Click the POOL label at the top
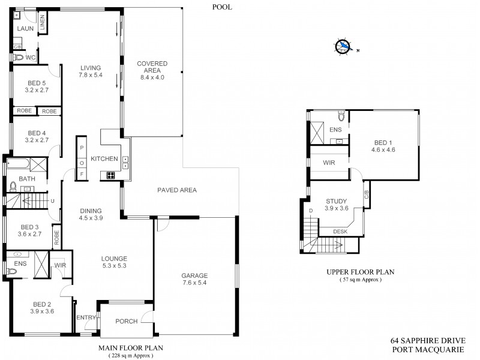(x=222, y=7)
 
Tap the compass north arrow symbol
(x=344, y=46)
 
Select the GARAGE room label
(x=194, y=277)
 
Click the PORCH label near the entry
(x=126, y=321)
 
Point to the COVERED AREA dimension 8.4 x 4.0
(x=152, y=77)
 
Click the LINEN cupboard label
(x=43, y=23)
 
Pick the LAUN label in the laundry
(x=25, y=29)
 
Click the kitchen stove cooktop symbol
(x=111, y=175)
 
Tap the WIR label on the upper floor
(x=328, y=163)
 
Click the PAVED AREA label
(x=177, y=190)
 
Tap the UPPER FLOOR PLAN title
(x=360, y=272)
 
